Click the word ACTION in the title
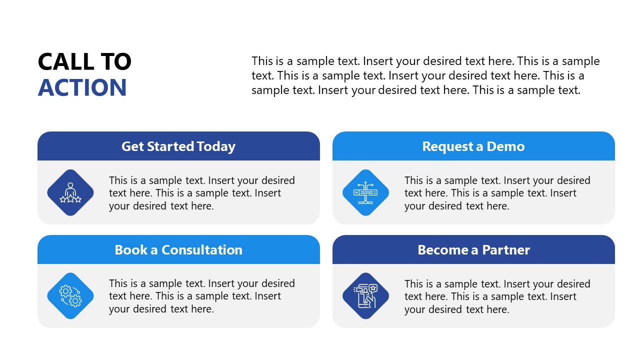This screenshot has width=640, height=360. coord(82,87)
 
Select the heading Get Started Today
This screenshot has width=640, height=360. coord(178,146)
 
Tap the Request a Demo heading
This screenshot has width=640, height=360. coord(473,146)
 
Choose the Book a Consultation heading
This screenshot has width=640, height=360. coord(178,250)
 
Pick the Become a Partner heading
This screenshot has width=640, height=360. coord(473,250)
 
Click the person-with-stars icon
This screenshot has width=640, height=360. coord(70,192)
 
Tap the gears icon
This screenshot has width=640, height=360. coord(70,296)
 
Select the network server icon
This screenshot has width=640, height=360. coord(365,192)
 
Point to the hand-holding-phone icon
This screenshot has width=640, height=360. coord(365,296)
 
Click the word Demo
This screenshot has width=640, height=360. coord(506,146)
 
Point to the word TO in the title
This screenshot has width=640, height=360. coord(116,62)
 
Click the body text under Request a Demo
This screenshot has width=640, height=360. coord(497,193)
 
